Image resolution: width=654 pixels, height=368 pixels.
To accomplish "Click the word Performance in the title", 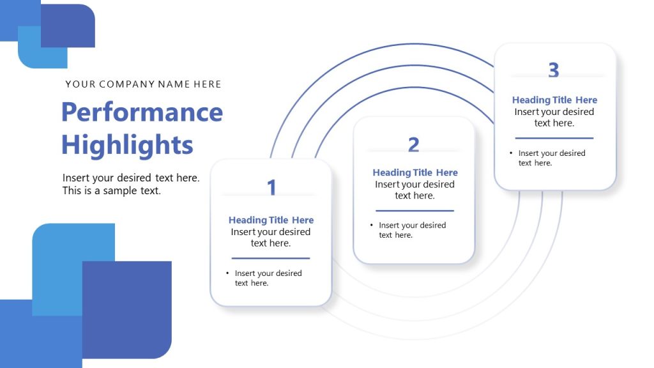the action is click(x=142, y=112).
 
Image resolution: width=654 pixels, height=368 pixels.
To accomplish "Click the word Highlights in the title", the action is click(x=127, y=145).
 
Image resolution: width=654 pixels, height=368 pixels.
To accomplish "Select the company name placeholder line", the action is click(x=143, y=84).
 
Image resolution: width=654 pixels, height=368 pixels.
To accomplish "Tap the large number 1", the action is click(x=271, y=187).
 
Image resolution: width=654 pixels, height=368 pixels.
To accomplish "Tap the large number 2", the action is click(x=414, y=145).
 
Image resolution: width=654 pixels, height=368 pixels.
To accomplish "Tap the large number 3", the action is click(x=554, y=70).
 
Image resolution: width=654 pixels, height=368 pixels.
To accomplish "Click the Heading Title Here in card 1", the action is click(x=271, y=220).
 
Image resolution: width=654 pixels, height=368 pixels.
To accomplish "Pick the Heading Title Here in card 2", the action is click(x=415, y=172).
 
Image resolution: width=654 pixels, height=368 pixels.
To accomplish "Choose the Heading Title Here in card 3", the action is click(x=554, y=100).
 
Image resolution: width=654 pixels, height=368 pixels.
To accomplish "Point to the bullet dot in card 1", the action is click(x=227, y=273).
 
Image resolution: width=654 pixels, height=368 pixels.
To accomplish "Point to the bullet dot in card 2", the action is click(x=371, y=225).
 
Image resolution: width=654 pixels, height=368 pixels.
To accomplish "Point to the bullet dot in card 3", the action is click(x=511, y=153).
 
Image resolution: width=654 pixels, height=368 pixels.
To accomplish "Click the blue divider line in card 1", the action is click(x=271, y=258).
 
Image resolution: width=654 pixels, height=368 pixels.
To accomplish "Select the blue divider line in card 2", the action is click(x=414, y=210).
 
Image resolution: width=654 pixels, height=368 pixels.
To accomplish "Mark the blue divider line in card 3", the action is click(x=554, y=137).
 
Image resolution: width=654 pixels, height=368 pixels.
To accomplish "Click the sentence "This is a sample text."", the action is click(x=112, y=190).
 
